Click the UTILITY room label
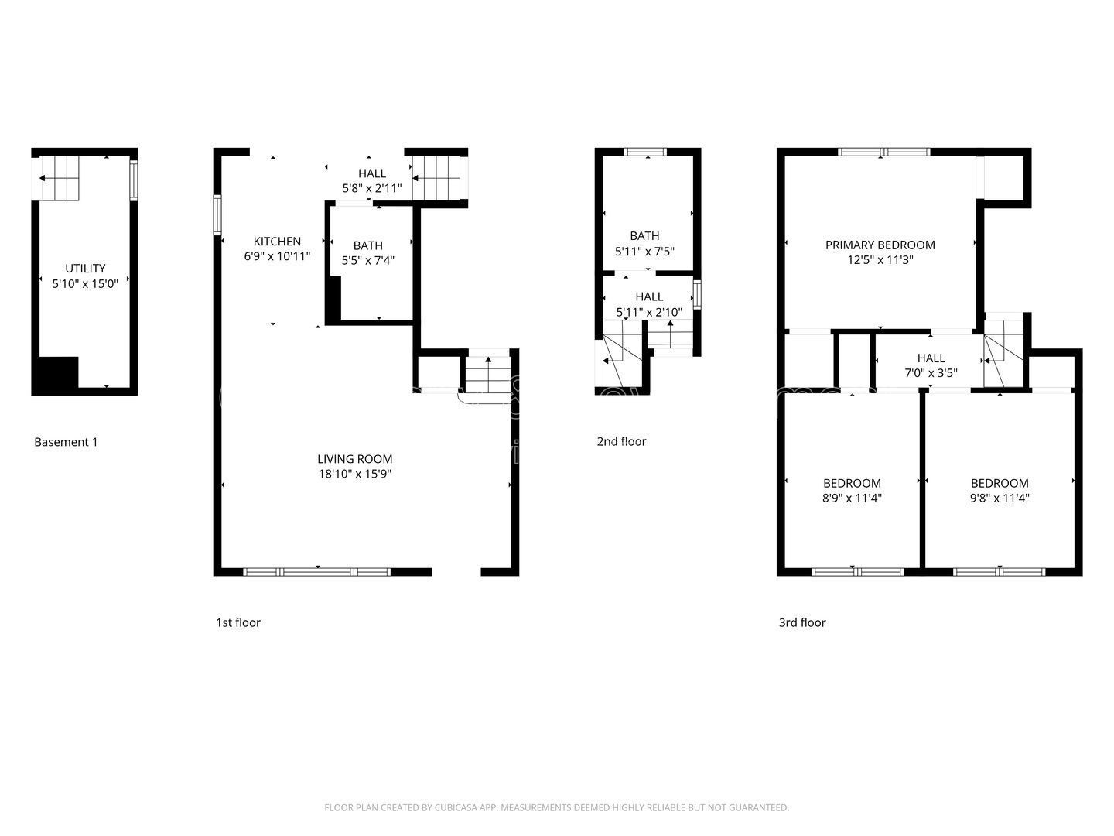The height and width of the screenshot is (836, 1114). click(x=85, y=269)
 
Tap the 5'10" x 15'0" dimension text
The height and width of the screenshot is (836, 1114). click(x=85, y=284)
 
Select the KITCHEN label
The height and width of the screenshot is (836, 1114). click(x=277, y=242)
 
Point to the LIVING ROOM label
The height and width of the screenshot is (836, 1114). click(x=355, y=458)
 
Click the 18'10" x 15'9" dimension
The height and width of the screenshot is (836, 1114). click(x=355, y=474)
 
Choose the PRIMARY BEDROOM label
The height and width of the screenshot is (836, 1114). click(x=880, y=245)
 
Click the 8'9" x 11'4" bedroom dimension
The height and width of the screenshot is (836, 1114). click(x=851, y=499)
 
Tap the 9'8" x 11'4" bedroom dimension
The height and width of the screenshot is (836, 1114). click(x=1000, y=499)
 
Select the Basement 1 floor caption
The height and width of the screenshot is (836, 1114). click(x=66, y=442)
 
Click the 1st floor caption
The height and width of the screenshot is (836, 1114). click(x=237, y=622)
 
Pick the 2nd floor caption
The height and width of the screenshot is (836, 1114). click(x=621, y=441)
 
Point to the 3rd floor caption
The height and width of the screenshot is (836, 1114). click(x=801, y=622)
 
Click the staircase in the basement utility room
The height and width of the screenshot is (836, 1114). click(x=60, y=178)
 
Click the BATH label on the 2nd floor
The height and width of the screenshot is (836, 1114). click(x=644, y=235)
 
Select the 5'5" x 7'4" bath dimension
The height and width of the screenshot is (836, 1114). click(x=368, y=261)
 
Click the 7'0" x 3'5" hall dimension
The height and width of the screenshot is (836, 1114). click(x=931, y=372)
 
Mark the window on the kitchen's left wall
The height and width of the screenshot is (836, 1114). click(x=217, y=214)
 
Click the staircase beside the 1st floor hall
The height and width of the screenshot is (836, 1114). click(x=438, y=178)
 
